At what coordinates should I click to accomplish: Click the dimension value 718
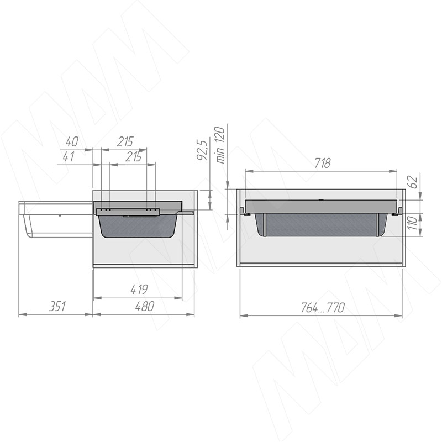click(322, 163)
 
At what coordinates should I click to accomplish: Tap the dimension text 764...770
click(323, 308)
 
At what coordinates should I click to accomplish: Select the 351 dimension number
click(57, 307)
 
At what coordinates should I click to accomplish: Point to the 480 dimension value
click(145, 307)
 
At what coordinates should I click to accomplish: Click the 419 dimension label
click(139, 290)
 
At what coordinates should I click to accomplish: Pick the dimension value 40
click(72, 141)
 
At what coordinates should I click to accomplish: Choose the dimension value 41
click(68, 156)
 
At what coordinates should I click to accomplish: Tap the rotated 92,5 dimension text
click(202, 150)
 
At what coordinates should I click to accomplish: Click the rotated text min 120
click(220, 145)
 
